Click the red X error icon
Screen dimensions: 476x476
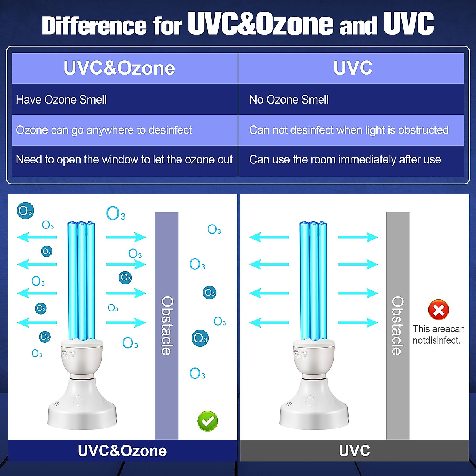coord(438,310)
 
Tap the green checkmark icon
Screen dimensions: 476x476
coord(207,421)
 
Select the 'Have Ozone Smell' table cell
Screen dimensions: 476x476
coord(61,100)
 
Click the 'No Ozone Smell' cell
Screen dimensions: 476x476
coord(289,100)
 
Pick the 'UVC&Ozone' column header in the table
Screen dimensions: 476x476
coord(119,68)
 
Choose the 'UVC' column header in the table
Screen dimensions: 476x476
coord(353,68)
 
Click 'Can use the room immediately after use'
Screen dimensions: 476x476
coord(345,160)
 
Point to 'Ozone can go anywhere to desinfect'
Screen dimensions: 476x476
coord(104,130)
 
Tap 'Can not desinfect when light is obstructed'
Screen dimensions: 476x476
coord(349,130)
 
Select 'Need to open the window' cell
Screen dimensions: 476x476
coord(124,160)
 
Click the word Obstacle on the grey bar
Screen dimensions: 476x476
coord(397,325)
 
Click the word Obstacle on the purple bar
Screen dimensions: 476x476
coord(167,325)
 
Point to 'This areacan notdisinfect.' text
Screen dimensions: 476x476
coord(438,334)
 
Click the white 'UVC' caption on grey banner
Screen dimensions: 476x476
coord(354,451)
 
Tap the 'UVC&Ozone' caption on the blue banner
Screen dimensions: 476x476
coord(122,451)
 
